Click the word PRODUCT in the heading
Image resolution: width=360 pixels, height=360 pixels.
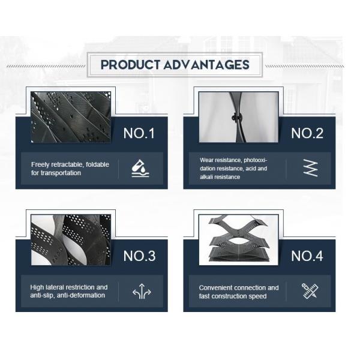(x=130, y=65)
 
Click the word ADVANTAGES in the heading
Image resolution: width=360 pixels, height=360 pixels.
(x=206, y=65)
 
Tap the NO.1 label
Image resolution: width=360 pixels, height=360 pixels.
(x=139, y=133)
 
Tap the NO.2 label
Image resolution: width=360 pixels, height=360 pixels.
(x=307, y=133)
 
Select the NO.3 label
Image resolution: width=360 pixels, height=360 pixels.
(x=139, y=256)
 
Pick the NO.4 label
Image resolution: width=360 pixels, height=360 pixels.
(x=307, y=256)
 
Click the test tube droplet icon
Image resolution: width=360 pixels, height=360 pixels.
(x=140, y=169)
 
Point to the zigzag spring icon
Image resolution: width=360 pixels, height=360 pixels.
(x=310, y=168)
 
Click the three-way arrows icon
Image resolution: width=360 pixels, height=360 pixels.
(x=142, y=291)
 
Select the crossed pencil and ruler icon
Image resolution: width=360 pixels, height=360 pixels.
(x=310, y=291)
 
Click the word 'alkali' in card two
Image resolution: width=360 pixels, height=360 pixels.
(x=206, y=177)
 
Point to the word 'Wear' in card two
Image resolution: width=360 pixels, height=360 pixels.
(x=205, y=160)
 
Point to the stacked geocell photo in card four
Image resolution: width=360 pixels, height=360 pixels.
(x=239, y=239)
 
